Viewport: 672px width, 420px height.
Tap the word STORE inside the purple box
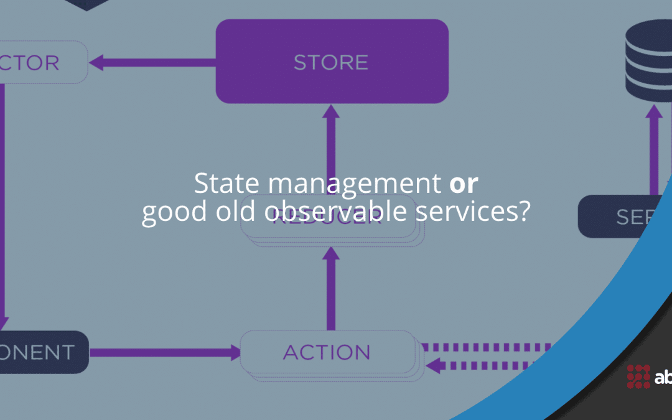[331, 62]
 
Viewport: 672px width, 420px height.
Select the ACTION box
[327, 353]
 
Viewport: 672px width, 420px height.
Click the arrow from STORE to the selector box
[152, 62]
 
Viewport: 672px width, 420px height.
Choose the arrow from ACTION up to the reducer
[331, 286]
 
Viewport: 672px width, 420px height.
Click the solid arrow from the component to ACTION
[165, 353]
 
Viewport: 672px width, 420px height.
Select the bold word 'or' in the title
[464, 184]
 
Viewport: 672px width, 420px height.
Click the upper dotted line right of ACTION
[485, 346]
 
